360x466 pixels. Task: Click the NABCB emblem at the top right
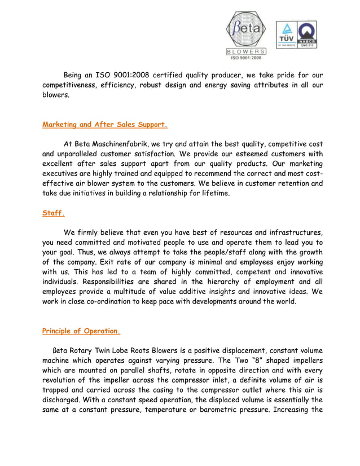[x=306, y=34]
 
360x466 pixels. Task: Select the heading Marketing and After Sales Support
[x=105, y=124]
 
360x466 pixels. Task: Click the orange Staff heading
[x=54, y=213]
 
